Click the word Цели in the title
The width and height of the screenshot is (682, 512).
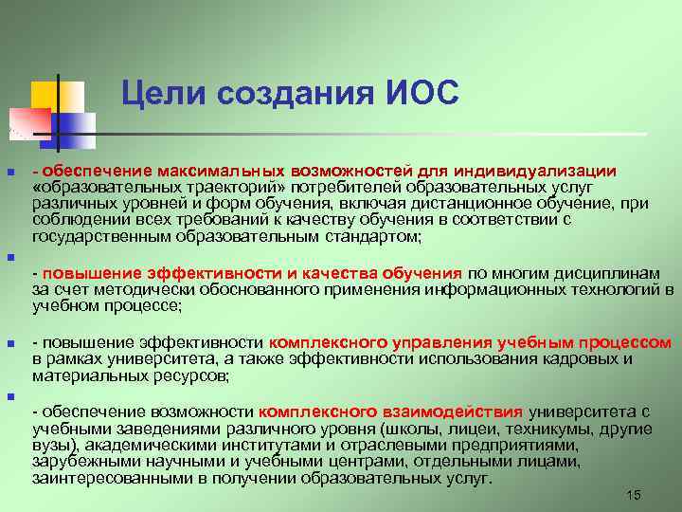(x=165, y=95)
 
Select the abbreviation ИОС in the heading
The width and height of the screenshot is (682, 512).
(x=422, y=95)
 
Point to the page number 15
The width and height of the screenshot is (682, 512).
(x=634, y=496)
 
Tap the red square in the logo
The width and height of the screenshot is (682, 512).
(x=27, y=122)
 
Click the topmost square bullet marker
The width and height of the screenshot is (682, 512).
(x=10, y=174)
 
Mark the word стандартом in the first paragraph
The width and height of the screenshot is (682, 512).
(x=377, y=236)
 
